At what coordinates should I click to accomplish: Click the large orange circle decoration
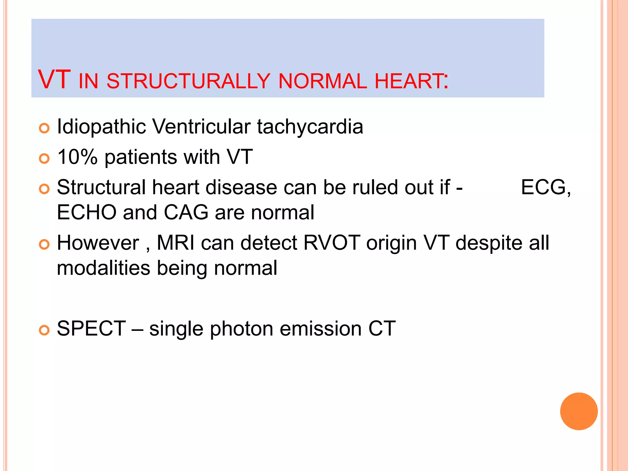[x=579, y=411]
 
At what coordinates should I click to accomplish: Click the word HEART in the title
[x=409, y=81]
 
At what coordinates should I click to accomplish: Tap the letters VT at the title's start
[x=54, y=80]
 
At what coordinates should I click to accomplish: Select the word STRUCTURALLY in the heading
[x=188, y=81]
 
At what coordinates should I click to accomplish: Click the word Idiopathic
[x=101, y=127]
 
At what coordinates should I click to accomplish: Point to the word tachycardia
[x=310, y=127]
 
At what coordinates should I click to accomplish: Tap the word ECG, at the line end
[x=546, y=187]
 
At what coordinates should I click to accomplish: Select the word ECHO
[x=86, y=213]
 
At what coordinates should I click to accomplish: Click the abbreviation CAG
[x=186, y=213]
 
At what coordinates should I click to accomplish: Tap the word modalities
[x=103, y=268]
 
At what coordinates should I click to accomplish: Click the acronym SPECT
[x=91, y=329]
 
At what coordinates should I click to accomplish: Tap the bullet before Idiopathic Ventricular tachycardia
[x=44, y=128]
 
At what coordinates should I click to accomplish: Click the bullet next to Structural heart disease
[x=44, y=189]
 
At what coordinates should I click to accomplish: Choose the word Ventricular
[x=201, y=127]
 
